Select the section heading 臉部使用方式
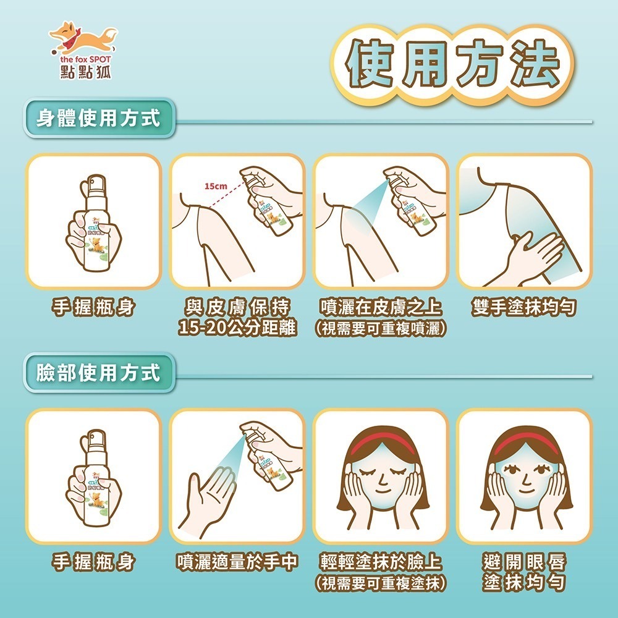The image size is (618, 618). tap(98, 373)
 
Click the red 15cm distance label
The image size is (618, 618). tap(216, 185)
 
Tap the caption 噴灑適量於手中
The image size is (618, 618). tap(237, 562)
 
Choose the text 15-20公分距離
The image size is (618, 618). tap(237, 328)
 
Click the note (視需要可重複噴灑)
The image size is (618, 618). tap(380, 328)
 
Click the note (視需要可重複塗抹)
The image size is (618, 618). tap(380, 583)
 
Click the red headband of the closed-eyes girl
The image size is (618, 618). tap(381, 442)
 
